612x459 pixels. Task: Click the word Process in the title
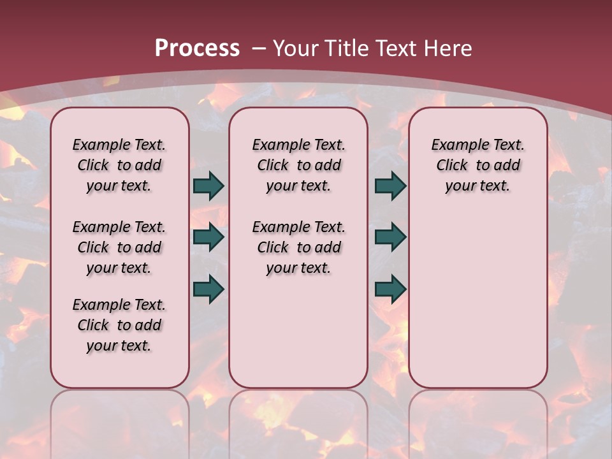coord(197,48)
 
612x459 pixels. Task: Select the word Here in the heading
coord(449,48)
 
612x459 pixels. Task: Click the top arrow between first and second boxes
coord(208,186)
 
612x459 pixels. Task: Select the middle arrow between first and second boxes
coord(208,237)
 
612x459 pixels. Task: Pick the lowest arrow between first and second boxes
coord(208,289)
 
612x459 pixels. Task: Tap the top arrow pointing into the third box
coord(390,186)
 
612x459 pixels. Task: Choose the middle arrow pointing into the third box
coord(390,237)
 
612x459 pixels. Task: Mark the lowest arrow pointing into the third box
coord(390,289)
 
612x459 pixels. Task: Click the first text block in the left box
coord(119,165)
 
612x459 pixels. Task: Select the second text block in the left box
coord(119,247)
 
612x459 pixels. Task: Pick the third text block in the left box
coord(119,325)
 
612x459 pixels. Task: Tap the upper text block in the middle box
coord(298,165)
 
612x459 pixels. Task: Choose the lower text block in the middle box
coord(298,247)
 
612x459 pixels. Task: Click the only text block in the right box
coord(477,165)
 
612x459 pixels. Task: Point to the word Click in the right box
coord(452,166)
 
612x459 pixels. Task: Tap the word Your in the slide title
coord(296,48)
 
